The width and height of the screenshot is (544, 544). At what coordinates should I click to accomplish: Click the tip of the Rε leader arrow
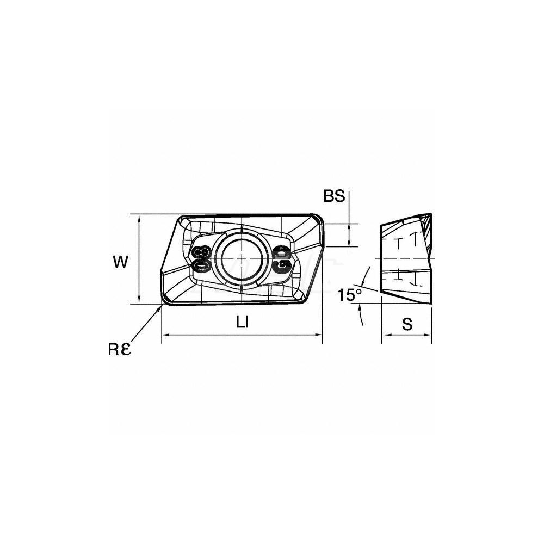click(162, 305)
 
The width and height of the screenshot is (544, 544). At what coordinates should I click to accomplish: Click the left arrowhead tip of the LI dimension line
click(162, 335)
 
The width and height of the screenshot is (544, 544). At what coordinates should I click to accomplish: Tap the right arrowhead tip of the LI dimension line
click(322, 335)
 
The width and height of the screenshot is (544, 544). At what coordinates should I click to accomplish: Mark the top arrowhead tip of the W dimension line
click(139, 215)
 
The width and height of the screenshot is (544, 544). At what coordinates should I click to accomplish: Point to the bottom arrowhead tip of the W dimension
click(139, 304)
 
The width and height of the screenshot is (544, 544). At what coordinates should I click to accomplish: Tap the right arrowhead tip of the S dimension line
click(431, 335)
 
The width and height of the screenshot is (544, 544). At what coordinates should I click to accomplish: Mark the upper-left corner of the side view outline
click(381, 225)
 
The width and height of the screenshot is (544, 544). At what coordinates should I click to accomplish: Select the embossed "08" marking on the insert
click(202, 259)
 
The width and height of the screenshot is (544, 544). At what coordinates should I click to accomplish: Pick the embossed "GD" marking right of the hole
click(282, 259)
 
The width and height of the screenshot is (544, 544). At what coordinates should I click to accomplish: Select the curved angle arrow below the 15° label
click(361, 314)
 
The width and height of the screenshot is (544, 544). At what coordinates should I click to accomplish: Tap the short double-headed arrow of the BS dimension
click(349, 235)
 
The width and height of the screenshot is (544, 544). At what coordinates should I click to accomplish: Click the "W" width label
click(120, 262)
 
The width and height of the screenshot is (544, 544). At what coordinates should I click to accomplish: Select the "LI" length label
click(243, 322)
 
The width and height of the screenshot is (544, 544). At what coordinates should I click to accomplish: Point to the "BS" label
click(334, 196)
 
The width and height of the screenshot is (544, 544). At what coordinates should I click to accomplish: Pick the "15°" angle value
click(350, 295)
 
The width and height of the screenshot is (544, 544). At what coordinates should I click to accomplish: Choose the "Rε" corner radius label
click(119, 350)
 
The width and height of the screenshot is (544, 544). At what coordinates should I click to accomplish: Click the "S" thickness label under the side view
click(407, 324)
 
